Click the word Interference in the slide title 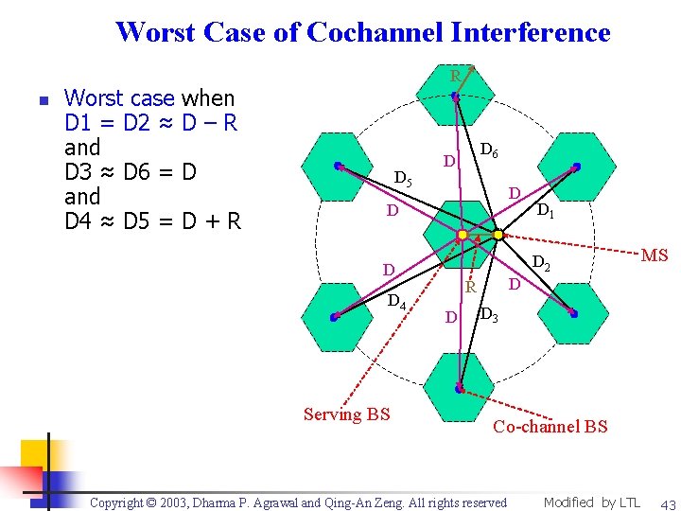point(530,32)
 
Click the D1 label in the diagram point(547,212)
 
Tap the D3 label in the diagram point(489,315)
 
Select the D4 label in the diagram point(397,303)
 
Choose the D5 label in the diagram point(402,178)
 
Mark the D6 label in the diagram point(490,150)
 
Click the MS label point(655,256)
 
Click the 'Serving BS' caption point(346,414)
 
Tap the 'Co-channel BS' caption point(550,427)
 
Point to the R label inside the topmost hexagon point(455,76)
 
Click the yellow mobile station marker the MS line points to point(498,235)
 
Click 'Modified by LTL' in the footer point(591,502)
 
